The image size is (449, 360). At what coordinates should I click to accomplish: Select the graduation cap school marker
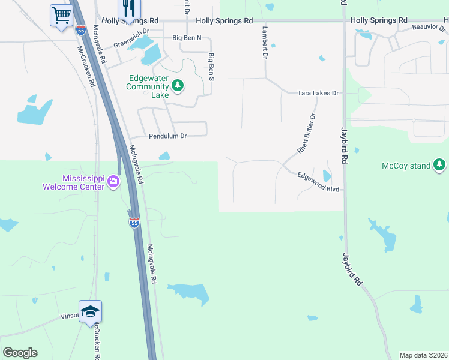tap(90, 311)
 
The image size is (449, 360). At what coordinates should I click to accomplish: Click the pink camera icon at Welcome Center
tap(113, 182)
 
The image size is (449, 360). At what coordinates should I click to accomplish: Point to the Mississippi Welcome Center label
tap(74, 182)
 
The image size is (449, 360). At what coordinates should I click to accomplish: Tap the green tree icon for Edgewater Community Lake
tap(177, 86)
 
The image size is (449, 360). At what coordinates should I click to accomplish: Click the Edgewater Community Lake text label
tap(148, 86)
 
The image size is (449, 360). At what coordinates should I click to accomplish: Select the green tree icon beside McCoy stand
tap(440, 164)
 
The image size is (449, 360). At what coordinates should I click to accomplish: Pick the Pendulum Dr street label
tap(168, 136)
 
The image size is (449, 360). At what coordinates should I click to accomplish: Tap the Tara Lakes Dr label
tap(319, 94)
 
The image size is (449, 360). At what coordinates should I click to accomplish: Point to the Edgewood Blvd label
tap(319, 182)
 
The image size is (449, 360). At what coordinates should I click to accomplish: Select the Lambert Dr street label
tap(264, 42)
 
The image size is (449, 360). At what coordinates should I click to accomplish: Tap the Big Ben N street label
tap(187, 38)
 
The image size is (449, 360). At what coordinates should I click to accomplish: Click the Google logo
tap(20, 353)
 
